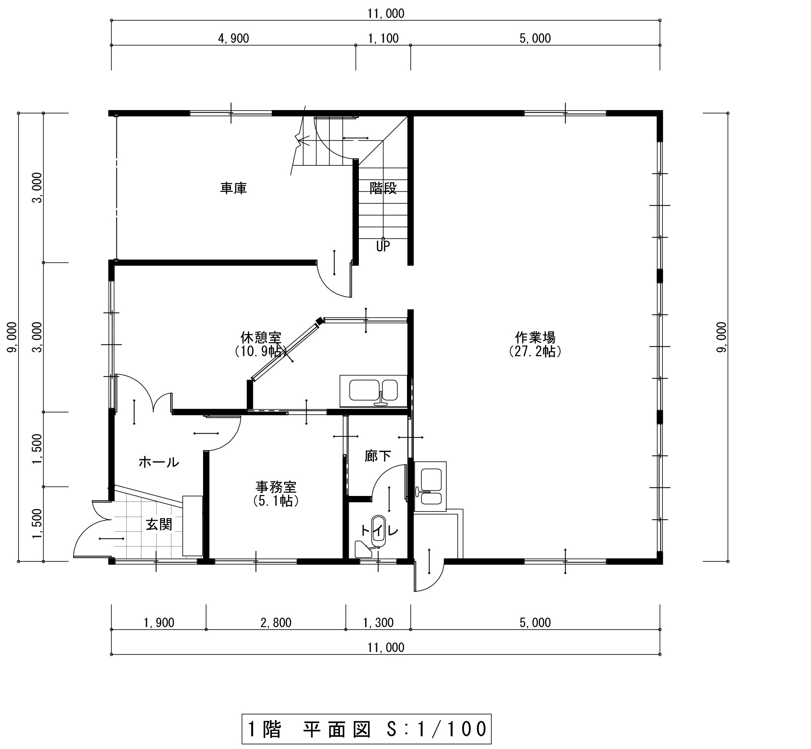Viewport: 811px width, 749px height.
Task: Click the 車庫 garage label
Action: point(233,188)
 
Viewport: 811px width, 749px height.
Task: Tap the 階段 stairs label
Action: point(383,188)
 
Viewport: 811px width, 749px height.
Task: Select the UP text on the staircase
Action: point(383,246)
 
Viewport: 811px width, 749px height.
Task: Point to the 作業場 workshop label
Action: point(535,337)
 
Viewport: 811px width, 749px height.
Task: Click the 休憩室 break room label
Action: point(261,337)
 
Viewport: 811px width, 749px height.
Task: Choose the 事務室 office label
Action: point(276,487)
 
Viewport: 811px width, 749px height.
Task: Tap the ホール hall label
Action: point(159,463)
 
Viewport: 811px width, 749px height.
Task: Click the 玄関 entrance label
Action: point(159,525)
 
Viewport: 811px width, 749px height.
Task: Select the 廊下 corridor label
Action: point(378,456)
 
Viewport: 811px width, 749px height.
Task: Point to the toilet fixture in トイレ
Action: point(377,531)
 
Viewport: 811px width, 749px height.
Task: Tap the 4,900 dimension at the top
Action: point(233,39)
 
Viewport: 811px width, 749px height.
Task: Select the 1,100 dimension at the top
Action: point(383,39)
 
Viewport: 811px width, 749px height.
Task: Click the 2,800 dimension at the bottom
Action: point(276,622)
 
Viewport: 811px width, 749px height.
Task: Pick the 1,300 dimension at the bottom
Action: point(378,622)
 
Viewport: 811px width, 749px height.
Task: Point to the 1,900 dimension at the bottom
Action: point(159,622)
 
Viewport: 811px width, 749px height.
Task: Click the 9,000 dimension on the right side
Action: point(721,337)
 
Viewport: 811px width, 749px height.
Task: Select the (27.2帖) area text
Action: point(535,351)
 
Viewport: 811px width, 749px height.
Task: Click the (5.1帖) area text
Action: point(276,501)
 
